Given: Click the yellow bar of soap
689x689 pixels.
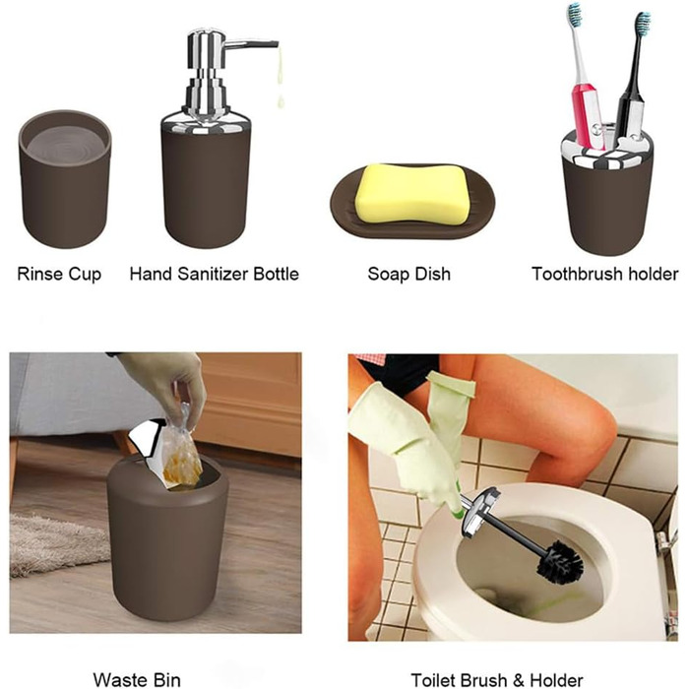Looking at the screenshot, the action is (412, 193).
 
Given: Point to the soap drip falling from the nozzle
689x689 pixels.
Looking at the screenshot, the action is (280, 79).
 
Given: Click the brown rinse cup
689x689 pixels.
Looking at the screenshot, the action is (65, 179).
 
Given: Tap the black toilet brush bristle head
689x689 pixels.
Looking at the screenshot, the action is (560, 562).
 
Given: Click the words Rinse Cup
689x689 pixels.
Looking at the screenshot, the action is (59, 275).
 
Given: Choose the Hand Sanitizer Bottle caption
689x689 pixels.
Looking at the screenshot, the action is (214, 274).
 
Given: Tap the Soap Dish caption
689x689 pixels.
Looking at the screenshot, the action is (409, 274).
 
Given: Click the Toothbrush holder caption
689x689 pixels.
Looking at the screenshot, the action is (605, 274).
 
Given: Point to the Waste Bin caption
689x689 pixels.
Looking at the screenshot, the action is (137, 679).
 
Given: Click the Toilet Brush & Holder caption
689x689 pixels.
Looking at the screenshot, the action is (497, 680).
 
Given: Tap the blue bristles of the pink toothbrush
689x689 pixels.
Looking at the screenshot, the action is (575, 14).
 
